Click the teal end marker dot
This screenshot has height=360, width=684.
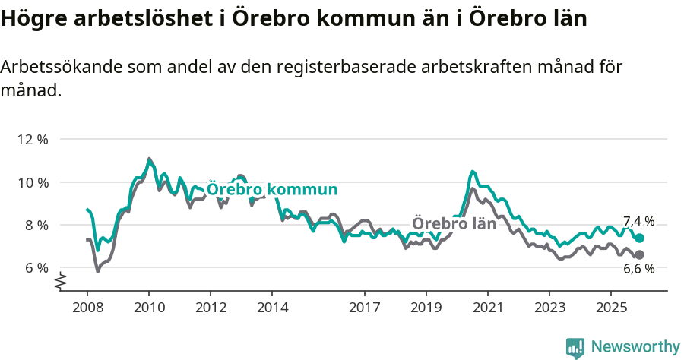(x=639, y=238)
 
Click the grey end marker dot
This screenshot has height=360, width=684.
(x=639, y=254)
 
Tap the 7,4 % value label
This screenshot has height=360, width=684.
(x=638, y=222)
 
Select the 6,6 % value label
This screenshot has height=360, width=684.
(x=638, y=269)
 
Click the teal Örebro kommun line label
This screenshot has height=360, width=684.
(x=272, y=189)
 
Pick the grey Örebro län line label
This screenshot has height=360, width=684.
(x=454, y=223)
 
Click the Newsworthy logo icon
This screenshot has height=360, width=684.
(x=575, y=347)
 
